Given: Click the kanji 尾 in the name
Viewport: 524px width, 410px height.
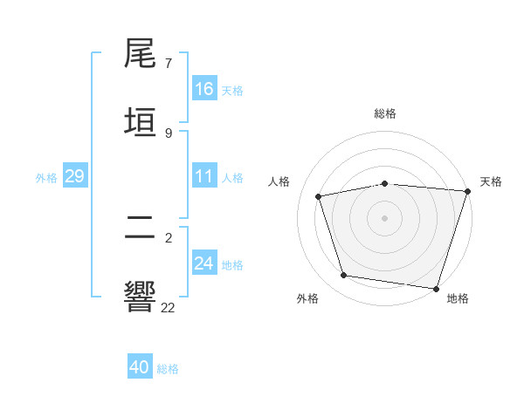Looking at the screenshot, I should pos(140,54).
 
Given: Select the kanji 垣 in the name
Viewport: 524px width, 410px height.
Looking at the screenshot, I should pos(140,120).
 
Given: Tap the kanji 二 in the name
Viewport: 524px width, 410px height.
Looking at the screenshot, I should pos(140,228).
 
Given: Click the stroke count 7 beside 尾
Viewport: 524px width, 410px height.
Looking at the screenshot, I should pos(169,65).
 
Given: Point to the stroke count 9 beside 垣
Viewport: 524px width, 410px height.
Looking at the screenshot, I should pos(169,133).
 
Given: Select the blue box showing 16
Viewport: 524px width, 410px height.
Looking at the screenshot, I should pos(204,89).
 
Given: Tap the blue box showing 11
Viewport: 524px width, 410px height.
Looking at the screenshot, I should pos(204,176).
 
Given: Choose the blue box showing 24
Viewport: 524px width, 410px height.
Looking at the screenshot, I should pos(204,263).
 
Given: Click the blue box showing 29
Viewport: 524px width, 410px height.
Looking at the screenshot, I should pos(74,176).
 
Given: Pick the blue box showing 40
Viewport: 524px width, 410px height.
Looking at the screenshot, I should pos(140,367).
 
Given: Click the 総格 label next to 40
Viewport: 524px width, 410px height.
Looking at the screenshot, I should pos(168,369).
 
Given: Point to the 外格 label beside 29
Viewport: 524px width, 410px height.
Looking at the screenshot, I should pos(46,178).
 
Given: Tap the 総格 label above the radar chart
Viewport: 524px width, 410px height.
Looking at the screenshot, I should pos(385,113).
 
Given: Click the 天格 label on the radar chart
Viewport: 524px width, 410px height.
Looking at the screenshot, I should pos(491,181).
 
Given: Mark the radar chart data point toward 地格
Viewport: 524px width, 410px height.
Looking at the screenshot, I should pos(437,288).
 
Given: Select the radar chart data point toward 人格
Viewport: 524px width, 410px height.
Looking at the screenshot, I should pos(319,196).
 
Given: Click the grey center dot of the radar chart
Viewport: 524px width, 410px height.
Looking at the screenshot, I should pos(385,217).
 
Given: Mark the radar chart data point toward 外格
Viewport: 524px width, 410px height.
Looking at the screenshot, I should pos(344,276).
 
